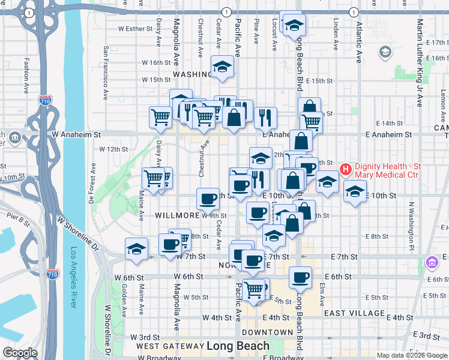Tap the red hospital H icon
click(x=345, y=170)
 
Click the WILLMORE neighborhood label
click(x=177, y=215)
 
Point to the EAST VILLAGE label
click(x=354, y=313)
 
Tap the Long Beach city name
click(x=238, y=346)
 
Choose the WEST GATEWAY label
click(x=170, y=346)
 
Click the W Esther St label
click(x=136, y=28)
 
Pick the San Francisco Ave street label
click(x=105, y=73)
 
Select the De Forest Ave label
click(x=93, y=178)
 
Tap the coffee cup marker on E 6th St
click(x=300, y=277)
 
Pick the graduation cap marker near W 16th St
click(x=222, y=66)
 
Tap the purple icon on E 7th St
click(x=431, y=262)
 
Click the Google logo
click(x=20, y=353)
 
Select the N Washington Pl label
click(x=412, y=225)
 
